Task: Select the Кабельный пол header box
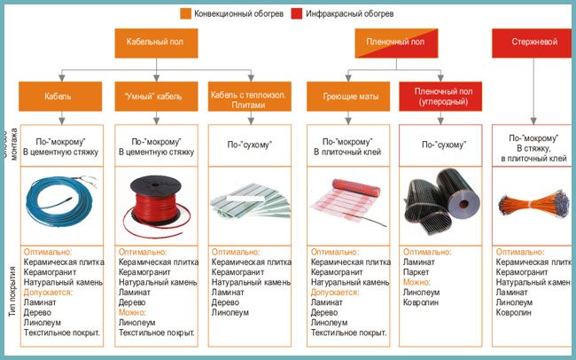155,42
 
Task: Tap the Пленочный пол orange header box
394,42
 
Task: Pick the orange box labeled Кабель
58,95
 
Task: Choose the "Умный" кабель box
155,95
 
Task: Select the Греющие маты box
346,95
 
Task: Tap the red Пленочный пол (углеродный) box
440,95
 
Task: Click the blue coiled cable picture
59,200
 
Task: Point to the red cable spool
155,200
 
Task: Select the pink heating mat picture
346,201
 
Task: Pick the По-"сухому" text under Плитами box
250,144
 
